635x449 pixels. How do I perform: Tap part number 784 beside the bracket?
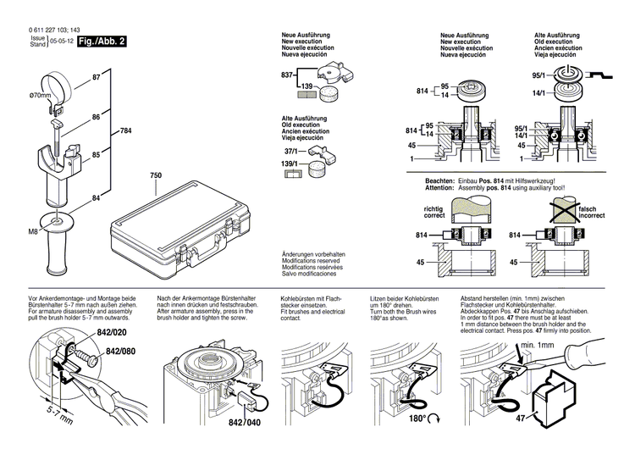coord(125,131)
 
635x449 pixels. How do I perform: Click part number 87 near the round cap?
coord(96,78)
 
